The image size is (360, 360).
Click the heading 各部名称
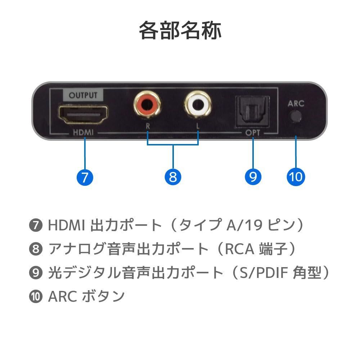180,31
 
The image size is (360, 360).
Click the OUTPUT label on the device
83,95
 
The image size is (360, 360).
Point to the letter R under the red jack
148,126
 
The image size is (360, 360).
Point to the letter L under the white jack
198,126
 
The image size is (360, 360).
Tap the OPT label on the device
253,133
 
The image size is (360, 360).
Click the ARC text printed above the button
296,104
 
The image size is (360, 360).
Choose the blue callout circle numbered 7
85,177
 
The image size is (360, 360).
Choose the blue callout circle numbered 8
173,177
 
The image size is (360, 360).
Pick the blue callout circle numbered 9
253,177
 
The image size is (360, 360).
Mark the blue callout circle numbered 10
296,177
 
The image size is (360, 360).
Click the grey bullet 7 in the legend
35,226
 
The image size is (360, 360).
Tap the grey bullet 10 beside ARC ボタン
35,297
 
